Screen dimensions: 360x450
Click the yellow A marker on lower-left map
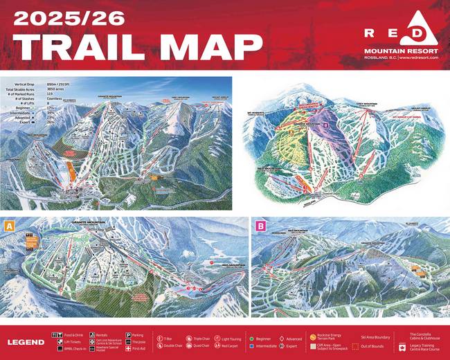[9, 226]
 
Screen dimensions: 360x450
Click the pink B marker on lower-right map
[260, 226]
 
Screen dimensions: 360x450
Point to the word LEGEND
[26, 342]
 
